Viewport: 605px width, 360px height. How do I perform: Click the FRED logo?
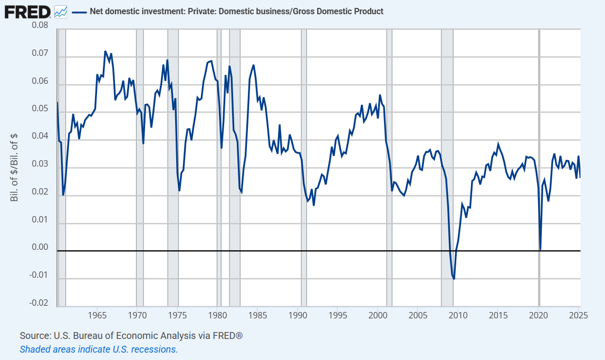pyautogui.click(x=27, y=11)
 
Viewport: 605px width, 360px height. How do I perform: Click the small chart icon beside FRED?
pyautogui.click(x=61, y=11)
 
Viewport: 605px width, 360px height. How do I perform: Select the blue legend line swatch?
pyautogui.click(x=79, y=11)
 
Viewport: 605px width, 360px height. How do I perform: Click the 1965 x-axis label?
pyautogui.click(x=96, y=316)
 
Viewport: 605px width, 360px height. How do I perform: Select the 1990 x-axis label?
pyautogui.click(x=297, y=316)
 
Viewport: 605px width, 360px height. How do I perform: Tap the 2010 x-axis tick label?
pyautogui.click(x=458, y=316)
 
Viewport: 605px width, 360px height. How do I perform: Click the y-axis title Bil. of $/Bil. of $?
pyautogui.click(x=14, y=164)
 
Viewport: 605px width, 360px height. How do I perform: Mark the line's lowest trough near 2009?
pyautogui.click(x=454, y=278)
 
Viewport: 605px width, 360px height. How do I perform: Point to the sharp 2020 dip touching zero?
pyautogui.click(x=540, y=249)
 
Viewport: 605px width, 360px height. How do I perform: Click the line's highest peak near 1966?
pyautogui.click(x=105, y=52)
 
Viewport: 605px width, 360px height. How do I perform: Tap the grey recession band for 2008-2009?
pyautogui.click(x=447, y=158)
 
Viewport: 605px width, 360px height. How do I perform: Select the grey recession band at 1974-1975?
pyautogui.click(x=172, y=158)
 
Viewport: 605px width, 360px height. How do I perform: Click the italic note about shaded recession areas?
pyautogui.click(x=99, y=349)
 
